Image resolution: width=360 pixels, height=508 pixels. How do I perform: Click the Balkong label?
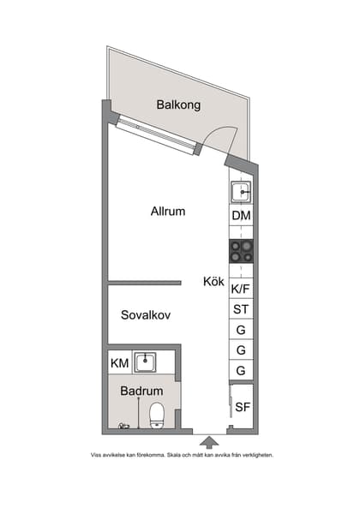pyautogui.click(x=178, y=105)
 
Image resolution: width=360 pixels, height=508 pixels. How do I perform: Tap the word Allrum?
pyautogui.click(x=168, y=211)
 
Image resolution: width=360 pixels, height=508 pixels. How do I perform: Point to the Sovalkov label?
pyautogui.click(x=146, y=314)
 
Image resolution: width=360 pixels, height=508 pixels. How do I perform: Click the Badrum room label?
pyautogui.click(x=141, y=391)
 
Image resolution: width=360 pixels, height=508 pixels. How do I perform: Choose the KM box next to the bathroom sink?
pyautogui.click(x=120, y=364)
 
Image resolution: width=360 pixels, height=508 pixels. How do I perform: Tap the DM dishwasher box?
pyautogui.click(x=242, y=216)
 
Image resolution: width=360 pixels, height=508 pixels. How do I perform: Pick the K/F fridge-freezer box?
pyautogui.click(x=242, y=290)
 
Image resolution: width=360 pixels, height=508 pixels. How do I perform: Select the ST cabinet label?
pyautogui.click(x=242, y=309)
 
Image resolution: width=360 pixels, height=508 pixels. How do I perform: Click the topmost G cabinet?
pyautogui.click(x=242, y=330)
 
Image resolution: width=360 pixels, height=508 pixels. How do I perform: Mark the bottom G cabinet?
pyautogui.click(x=242, y=371)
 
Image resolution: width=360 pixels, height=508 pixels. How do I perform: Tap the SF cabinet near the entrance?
pyautogui.click(x=243, y=407)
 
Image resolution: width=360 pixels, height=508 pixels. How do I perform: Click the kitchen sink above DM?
pyautogui.click(x=242, y=191)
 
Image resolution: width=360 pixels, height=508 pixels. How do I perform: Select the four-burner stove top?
pyautogui.click(x=242, y=251)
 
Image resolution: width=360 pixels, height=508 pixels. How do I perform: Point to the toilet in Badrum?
pyautogui.click(x=157, y=416)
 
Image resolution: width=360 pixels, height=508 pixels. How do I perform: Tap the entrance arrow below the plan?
pyautogui.click(x=207, y=442)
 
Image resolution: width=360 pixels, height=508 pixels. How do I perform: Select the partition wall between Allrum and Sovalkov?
pyautogui.click(x=144, y=282)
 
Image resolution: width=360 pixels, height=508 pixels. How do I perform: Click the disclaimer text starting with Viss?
pyautogui.click(x=182, y=456)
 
